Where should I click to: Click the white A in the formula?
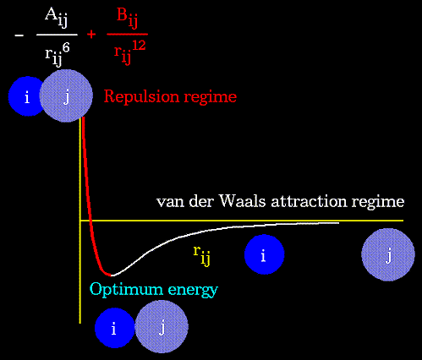tap(52, 14)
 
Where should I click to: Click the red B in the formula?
tap(123, 14)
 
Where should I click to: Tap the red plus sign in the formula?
tap(91, 35)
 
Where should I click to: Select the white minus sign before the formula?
tap(19, 35)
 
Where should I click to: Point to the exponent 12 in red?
tap(138, 45)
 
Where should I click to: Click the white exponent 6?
tap(66, 48)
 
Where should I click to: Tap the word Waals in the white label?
tap(243, 201)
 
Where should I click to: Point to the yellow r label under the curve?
tap(202, 255)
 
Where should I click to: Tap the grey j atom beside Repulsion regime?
tap(66, 95)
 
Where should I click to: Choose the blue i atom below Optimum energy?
tap(115, 328)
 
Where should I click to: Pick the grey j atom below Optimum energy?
tap(162, 327)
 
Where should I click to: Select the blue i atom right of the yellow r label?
tap(264, 254)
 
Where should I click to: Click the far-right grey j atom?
tap(388, 254)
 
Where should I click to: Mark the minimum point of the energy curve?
tap(112, 275)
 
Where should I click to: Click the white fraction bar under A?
tap(57, 35)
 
